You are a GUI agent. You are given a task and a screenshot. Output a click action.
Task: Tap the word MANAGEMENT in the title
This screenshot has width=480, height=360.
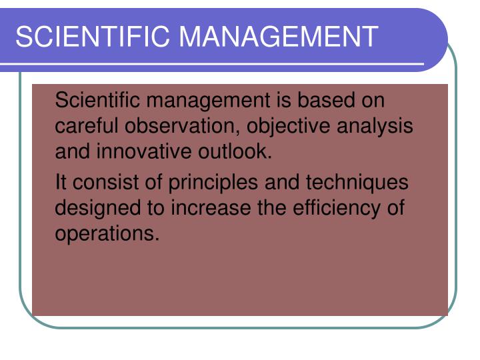click(x=279, y=37)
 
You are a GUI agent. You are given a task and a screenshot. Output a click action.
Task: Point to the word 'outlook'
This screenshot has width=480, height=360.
click(x=235, y=151)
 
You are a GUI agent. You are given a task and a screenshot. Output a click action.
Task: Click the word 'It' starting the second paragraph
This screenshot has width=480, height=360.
click(x=61, y=182)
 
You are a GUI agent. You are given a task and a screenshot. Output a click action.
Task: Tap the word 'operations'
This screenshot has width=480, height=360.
click(x=107, y=234)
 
